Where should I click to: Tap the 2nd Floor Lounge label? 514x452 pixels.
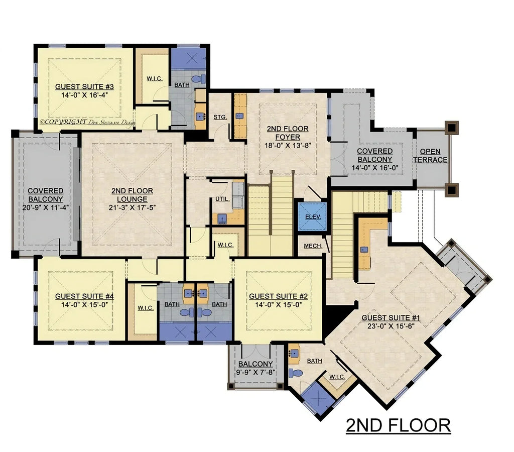(133, 191)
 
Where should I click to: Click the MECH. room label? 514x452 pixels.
(313, 246)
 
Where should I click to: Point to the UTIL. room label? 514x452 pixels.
(222, 199)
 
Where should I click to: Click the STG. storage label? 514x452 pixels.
(220, 117)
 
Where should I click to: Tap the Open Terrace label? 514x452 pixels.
(430, 156)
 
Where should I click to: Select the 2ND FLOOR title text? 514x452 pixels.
(398, 425)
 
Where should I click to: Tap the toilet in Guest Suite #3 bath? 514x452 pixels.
(200, 79)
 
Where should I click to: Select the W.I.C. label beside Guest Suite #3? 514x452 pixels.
(154, 78)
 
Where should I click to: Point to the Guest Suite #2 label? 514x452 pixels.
(278, 296)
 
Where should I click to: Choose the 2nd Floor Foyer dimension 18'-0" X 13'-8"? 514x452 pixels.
(287, 145)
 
